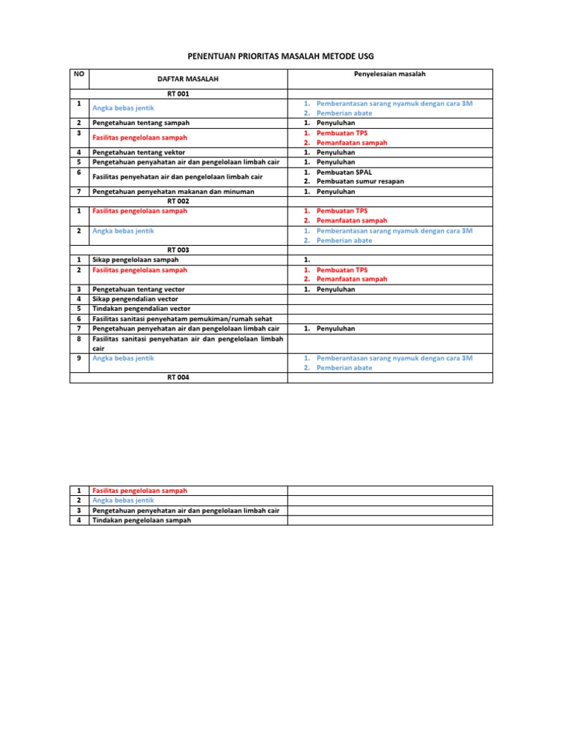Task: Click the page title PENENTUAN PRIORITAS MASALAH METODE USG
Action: click(280, 56)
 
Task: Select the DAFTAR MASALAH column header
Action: click(187, 78)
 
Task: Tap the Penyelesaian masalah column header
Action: click(389, 74)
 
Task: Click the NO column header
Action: click(79, 74)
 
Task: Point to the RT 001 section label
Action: click(178, 94)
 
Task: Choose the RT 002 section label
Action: click(178, 201)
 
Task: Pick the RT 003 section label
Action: click(178, 250)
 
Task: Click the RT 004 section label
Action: click(178, 377)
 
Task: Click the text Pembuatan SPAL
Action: click(344, 172)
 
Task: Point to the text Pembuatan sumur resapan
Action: click(360, 181)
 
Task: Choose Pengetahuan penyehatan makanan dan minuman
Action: click(173, 192)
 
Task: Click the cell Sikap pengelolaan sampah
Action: click(135, 260)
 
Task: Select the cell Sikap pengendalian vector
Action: click(135, 299)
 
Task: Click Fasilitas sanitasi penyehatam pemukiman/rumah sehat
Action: click(179, 319)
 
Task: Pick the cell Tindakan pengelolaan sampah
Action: click(141, 520)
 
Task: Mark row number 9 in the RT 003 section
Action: click(78, 358)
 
